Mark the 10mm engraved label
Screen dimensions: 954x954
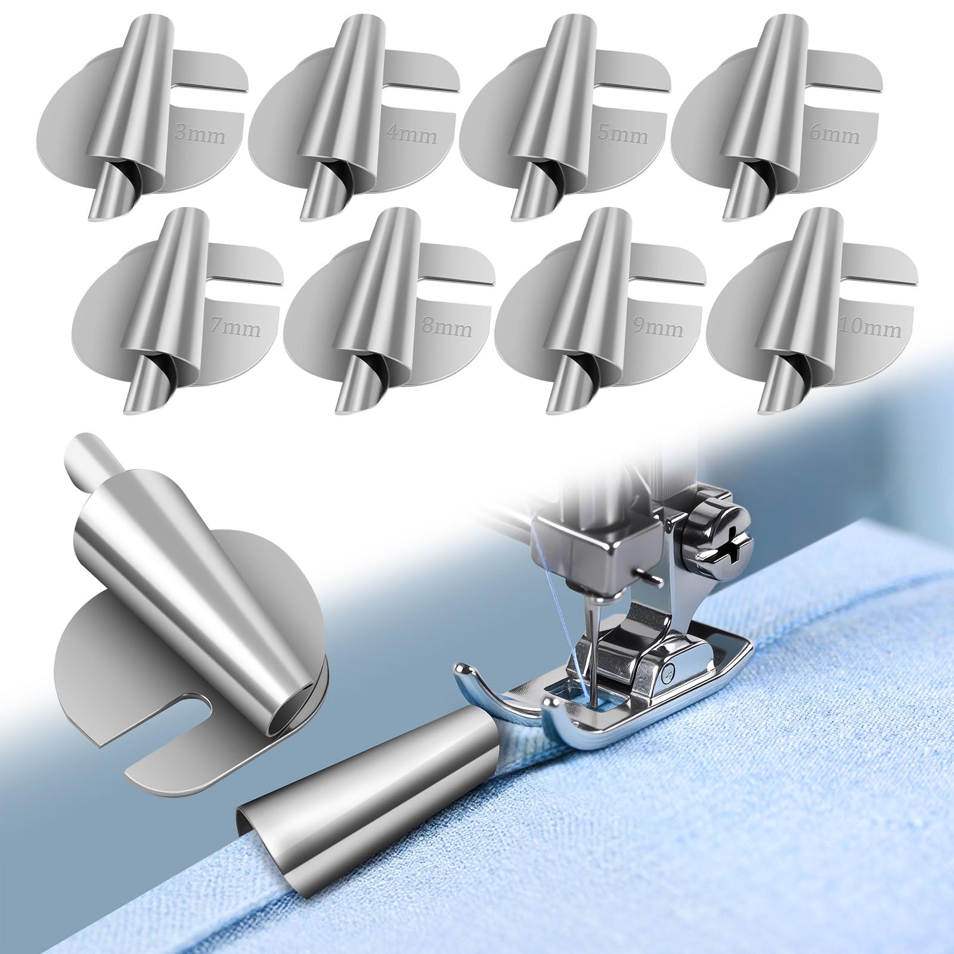point(869,327)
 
